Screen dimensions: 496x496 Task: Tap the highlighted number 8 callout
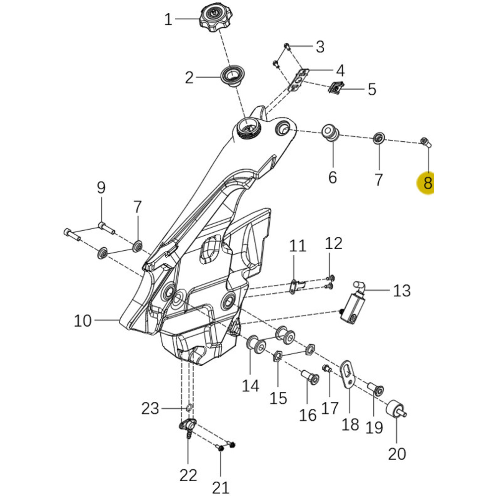pos(427,183)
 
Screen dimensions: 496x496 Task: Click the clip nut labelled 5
pos(336,88)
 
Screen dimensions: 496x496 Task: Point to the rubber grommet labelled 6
pos(330,133)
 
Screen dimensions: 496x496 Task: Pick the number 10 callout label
pos(83,321)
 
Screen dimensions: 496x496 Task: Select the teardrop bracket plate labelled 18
pos(348,374)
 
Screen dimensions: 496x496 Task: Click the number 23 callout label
pos(150,408)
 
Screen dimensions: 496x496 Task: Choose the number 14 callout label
pos(250,386)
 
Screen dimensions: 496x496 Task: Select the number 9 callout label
pos(101,188)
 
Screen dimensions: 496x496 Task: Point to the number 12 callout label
pos(334,243)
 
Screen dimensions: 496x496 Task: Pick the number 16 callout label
pos(308,415)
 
